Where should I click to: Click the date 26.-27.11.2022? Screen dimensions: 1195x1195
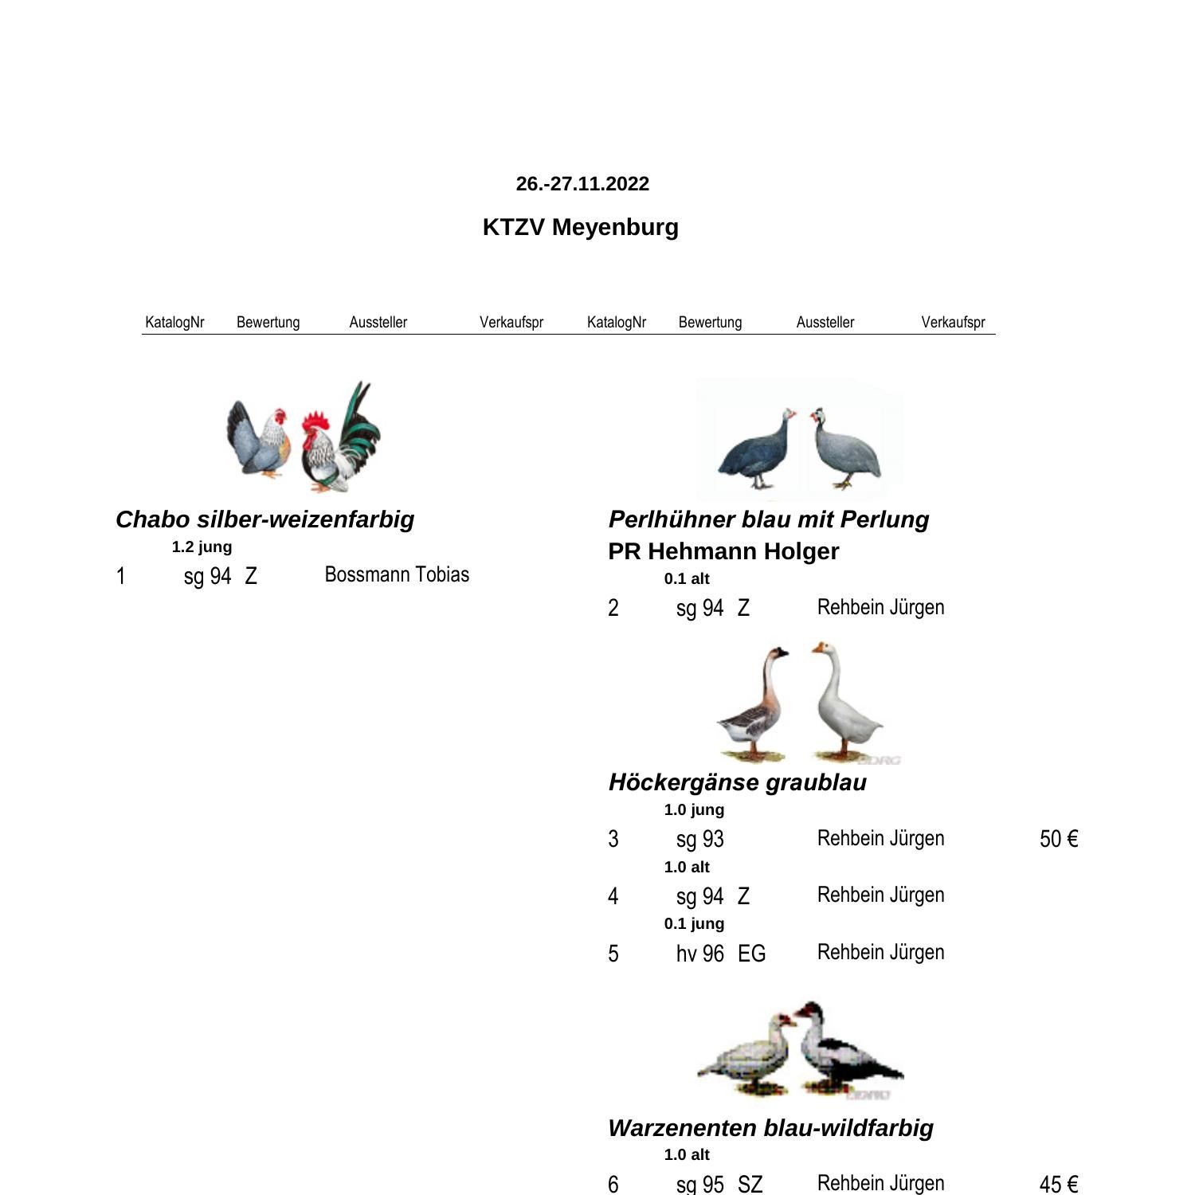[x=582, y=184]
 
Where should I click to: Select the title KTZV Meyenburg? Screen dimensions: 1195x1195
[x=581, y=227]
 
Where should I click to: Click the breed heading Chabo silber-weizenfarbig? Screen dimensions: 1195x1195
[x=264, y=519]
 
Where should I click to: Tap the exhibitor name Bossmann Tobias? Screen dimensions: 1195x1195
[x=397, y=574]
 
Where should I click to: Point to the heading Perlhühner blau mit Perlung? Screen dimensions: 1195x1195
[x=769, y=519]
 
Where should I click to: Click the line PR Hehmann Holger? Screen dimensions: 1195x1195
[x=723, y=551]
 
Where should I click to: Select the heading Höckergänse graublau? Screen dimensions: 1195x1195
[x=738, y=782]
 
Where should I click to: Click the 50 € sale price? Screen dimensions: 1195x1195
[x=1059, y=839]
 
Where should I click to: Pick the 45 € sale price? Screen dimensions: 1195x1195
[x=1059, y=1184]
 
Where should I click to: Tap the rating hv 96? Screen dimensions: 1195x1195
[x=700, y=954]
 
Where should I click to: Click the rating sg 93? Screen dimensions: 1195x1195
[x=700, y=839]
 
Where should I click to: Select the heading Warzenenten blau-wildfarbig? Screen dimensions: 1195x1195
[x=770, y=1128]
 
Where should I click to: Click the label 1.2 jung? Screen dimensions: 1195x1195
[x=202, y=547]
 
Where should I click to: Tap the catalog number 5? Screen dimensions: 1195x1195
[x=613, y=954]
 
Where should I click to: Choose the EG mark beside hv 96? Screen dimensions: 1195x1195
[x=751, y=954]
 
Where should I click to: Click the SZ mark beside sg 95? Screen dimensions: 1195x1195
[x=750, y=1184]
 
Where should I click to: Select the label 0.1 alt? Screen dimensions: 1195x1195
[x=687, y=579]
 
